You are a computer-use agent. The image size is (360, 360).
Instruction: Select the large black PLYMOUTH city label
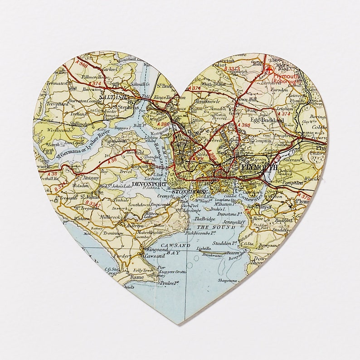click(260, 168)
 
